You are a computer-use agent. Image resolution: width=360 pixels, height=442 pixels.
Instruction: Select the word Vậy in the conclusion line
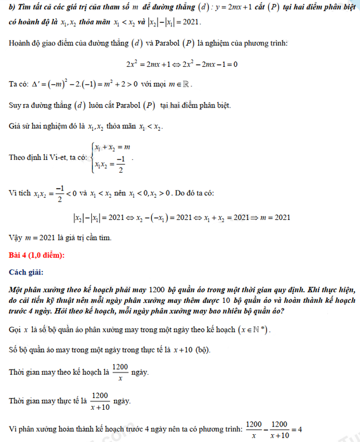17,238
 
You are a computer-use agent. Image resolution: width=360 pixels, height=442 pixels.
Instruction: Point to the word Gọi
16,331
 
